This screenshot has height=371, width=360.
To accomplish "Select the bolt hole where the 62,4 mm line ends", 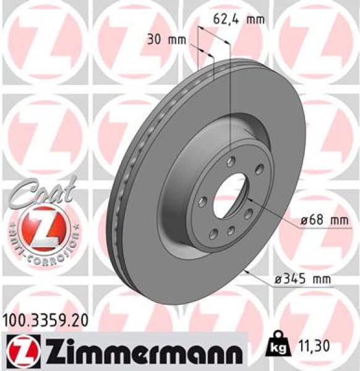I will point(230,162).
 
